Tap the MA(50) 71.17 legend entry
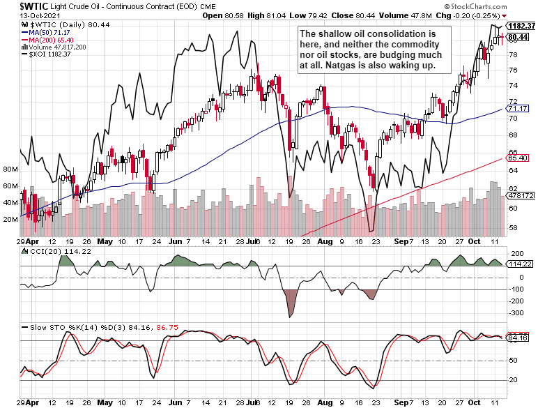point(49,32)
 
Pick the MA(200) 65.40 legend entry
point(52,40)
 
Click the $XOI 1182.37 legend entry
point(49,54)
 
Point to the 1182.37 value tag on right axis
point(522,26)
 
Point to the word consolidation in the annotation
point(390,33)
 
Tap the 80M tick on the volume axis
point(10,169)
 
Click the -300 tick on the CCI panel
point(517,313)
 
